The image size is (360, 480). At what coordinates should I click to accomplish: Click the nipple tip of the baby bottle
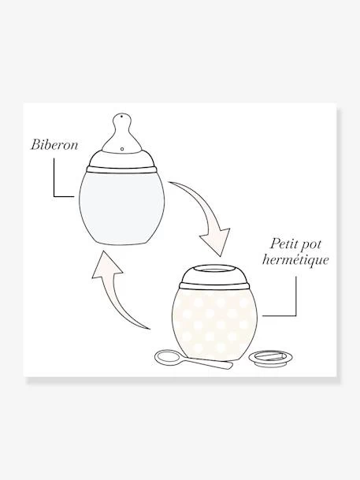[x=122, y=120]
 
